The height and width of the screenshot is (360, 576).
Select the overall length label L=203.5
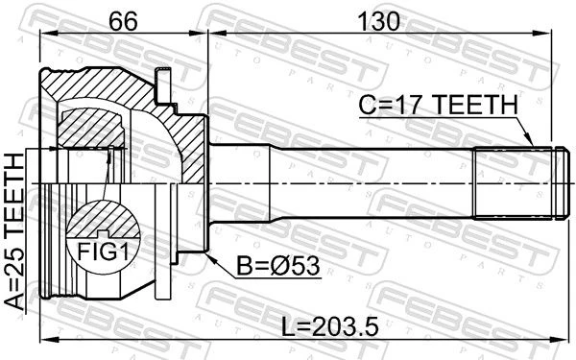[329, 326]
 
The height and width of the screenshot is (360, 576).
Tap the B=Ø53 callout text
[277, 266]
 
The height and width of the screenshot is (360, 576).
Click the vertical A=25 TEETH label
[14, 230]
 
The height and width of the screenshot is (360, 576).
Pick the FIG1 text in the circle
[104, 252]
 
